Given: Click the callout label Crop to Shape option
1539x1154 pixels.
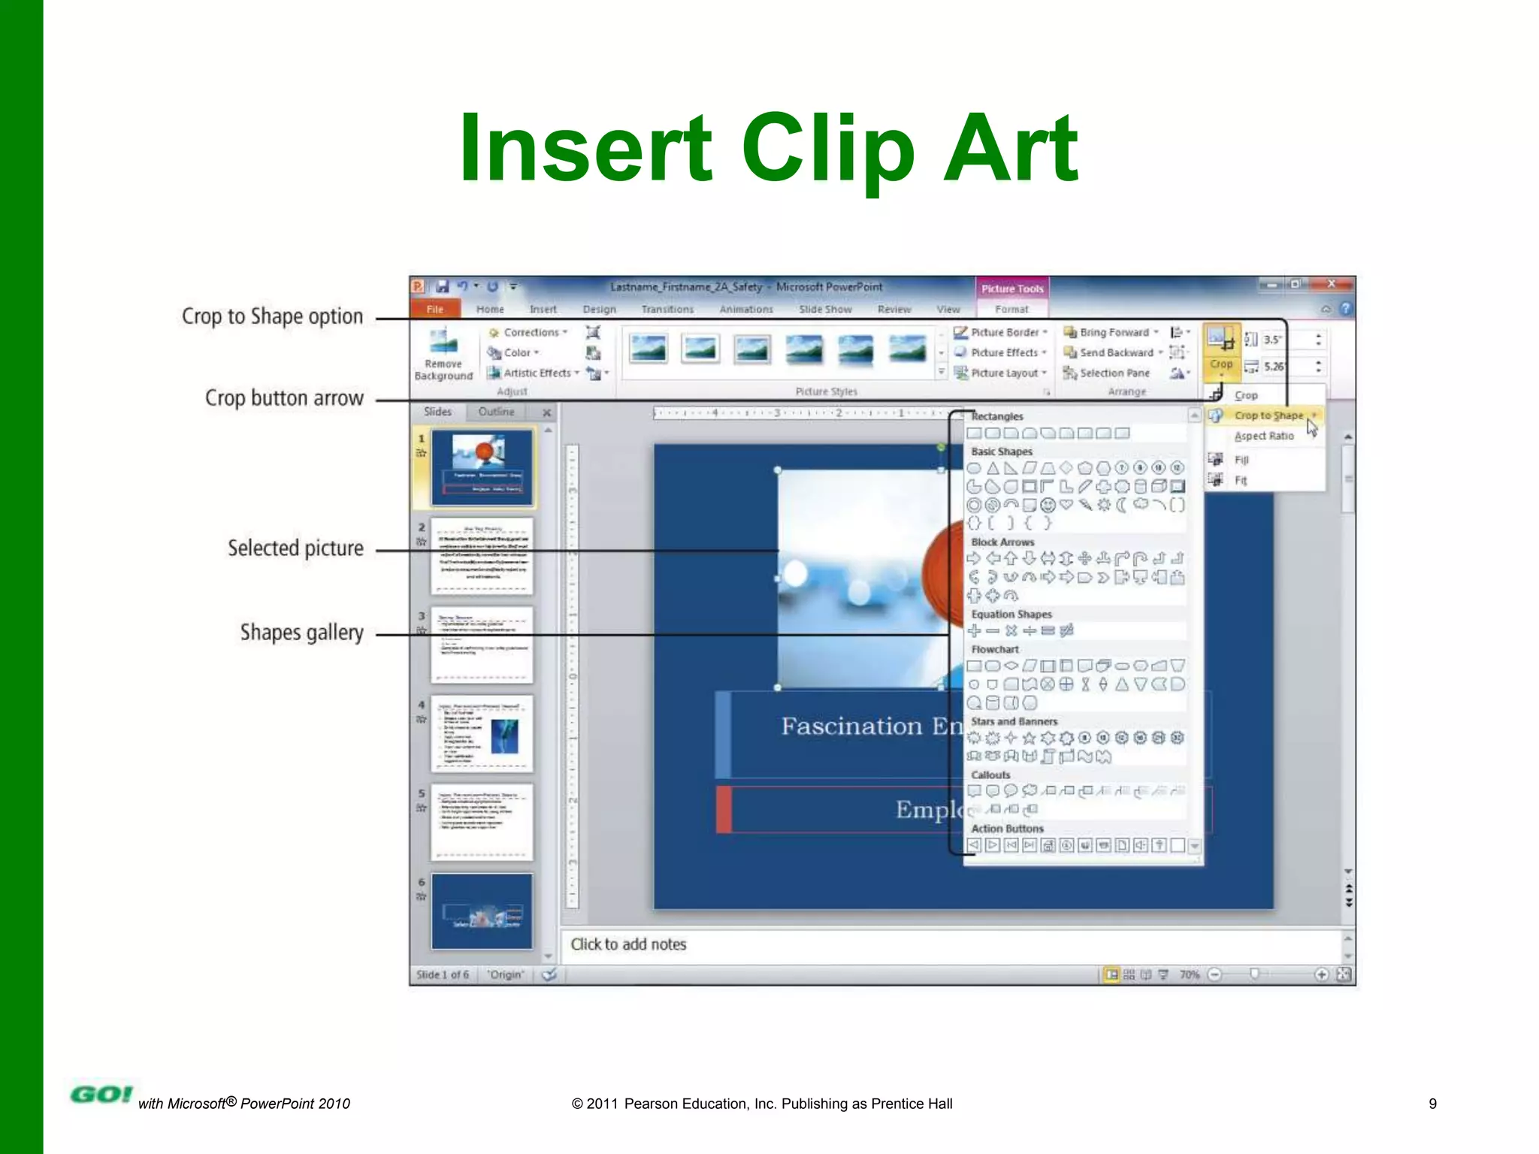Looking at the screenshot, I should pyautogui.click(x=272, y=316).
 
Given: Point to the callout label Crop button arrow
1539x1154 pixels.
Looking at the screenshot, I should pyautogui.click(x=284, y=397).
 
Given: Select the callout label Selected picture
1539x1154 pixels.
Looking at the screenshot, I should pyautogui.click(x=295, y=548).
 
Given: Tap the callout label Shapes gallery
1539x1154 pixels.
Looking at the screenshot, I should pyautogui.click(x=301, y=633).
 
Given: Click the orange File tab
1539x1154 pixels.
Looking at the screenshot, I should pyautogui.click(x=434, y=309).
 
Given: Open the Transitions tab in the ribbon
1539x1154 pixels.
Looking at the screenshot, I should pyautogui.click(x=667, y=309).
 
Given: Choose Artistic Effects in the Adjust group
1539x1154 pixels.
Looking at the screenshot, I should pyautogui.click(x=537, y=373).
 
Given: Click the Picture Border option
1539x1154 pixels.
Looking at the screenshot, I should pyautogui.click(x=1004, y=332).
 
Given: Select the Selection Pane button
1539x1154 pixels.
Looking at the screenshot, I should pyautogui.click(x=1114, y=373).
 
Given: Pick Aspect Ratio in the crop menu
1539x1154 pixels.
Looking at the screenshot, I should pyautogui.click(x=1264, y=436).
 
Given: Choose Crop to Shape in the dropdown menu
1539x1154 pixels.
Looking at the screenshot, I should pyautogui.click(x=1268, y=415).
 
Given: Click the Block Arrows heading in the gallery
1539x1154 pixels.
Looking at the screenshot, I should pyautogui.click(x=1002, y=542).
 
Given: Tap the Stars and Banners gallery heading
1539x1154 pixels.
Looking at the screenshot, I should pyautogui.click(x=1014, y=721).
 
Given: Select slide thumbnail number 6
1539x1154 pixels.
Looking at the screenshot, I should pyautogui.click(x=482, y=911).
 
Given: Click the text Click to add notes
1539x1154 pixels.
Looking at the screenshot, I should pyautogui.click(x=628, y=944).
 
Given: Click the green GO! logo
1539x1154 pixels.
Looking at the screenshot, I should pyautogui.click(x=101, y=1095).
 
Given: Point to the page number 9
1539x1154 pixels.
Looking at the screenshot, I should pyautogui.click(x=1432, y=1104).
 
